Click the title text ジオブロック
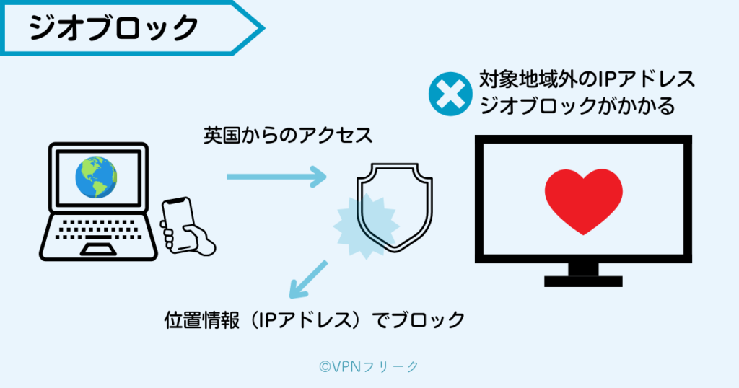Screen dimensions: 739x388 [113, 28]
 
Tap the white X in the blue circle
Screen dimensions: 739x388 [450, 94]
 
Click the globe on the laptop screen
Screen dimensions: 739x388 [97, 177]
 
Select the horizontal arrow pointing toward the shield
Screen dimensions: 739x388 [276, 177]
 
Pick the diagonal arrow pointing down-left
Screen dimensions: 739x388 [307, 279]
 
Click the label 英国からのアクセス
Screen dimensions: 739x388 [288, 136]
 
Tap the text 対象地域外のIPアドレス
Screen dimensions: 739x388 [587, 79]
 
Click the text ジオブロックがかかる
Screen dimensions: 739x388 [577, 105]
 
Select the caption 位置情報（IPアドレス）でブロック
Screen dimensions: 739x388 [315, 320]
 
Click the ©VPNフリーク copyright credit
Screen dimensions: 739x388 [369, 366]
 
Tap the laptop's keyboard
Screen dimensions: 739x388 [98, 229]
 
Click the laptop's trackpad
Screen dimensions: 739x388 [98, 250]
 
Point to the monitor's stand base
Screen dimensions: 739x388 [583, 281]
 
